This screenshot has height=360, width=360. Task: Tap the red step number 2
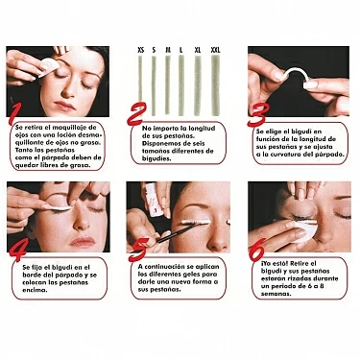(137, 114)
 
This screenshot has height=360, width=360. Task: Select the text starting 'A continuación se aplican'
(181, 278)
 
